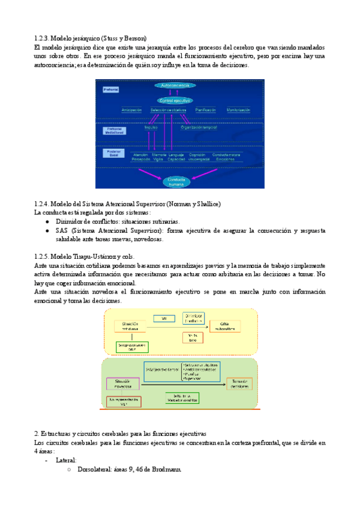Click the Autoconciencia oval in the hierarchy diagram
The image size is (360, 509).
[179, 86]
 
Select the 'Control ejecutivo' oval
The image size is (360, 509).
[179, 100]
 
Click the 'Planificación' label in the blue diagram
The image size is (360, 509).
[206, 110]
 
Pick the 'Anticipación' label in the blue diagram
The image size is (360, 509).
[131, 110]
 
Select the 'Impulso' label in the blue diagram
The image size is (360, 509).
[151, 127]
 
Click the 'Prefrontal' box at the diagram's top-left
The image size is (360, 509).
[111, 89]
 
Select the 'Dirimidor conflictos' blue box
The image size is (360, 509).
[193, 318]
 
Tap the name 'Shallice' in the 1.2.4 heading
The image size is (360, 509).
[206, 204]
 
